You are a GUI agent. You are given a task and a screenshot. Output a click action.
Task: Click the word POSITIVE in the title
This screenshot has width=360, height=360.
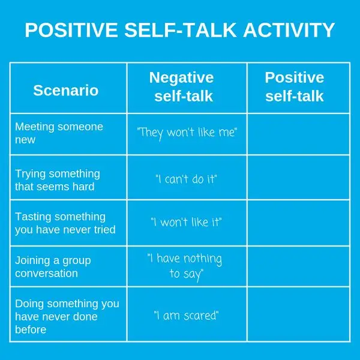pyautogui.click(x=71, y=30)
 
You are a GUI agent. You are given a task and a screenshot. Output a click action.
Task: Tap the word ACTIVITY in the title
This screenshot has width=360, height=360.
pyautogui.click(x=289, y=30)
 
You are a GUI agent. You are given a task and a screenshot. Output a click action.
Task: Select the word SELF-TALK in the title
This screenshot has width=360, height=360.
pyautogui.click(x=181, y=30)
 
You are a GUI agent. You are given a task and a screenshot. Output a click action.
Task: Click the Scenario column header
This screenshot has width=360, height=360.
pyautogui.click(x=66, y=90)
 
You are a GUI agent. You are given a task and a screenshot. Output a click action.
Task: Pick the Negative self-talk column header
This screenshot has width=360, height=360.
pyautogui.click(x=182, y=86)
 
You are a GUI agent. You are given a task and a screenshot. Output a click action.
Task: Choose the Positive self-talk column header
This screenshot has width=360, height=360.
pyautogui.click(x=295, y=86)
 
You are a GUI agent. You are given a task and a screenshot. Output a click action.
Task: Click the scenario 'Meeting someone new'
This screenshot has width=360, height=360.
pyautogui.click(x=59, y=133)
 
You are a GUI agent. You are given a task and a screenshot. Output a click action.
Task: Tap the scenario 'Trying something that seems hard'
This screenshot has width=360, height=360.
pyautogui.click(x=58, y=180)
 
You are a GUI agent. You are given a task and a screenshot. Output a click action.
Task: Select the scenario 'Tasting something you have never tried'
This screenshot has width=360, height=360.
pyautogui.click(x=65, y=223)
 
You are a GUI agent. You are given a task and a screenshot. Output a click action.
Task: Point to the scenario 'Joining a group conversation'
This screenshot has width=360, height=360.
pyautogui.click(x=53, y=267)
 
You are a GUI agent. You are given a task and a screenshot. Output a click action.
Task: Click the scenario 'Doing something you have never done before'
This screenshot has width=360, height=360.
pyautogui.click(x=67, y=316)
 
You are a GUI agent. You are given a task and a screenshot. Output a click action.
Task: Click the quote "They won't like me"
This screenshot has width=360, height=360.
pyautogui.click(x=187, y=133)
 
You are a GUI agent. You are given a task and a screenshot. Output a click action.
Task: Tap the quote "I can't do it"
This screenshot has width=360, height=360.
pyautogui.click(x=186, y=179)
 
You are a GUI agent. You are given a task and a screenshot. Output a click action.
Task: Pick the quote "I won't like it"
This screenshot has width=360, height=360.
pyautogui.click(x=186, y=222)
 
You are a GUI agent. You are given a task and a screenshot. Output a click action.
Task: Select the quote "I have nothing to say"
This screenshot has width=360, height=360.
pyautogui.click(x=185, y=267)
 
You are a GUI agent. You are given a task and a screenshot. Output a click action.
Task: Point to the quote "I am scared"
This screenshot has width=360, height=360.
pyautogui.click(x=186, y=315)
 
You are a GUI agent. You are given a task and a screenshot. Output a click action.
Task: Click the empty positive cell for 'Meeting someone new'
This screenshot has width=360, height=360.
pyautogui.click(x=299, y=134)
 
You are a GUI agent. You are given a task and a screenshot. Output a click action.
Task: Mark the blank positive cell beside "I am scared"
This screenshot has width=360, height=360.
pyautogui.click(x=299, y=314)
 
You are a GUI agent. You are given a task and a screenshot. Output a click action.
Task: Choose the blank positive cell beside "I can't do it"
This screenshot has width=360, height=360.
pyautogui.click(x=299, y=178)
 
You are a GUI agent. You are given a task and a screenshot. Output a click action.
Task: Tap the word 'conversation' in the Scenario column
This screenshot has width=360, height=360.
pyautogui.click(x=46, y=273)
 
